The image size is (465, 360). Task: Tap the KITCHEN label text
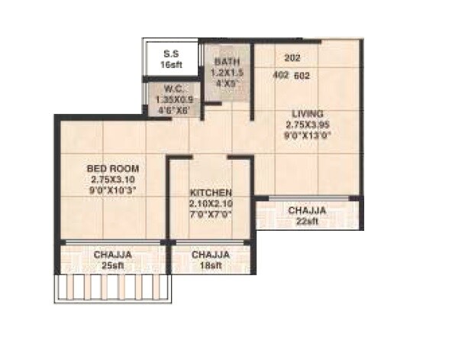coord(210,193)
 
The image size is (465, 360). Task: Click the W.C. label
coord(173,87)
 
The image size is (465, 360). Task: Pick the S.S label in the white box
coord(172,54)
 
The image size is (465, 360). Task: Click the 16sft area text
coord(172,66)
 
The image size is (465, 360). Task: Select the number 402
coord(281,75)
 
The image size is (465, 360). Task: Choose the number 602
coord(302,75)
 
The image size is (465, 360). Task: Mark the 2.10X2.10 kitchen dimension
coord(210,204)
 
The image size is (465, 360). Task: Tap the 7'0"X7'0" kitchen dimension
coord(210,215)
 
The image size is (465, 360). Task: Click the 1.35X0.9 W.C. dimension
coord(173,98)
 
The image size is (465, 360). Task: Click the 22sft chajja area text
coord(307,221)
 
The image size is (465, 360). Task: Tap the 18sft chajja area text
coord(211,264)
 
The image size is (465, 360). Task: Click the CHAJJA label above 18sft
coord(211,254)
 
